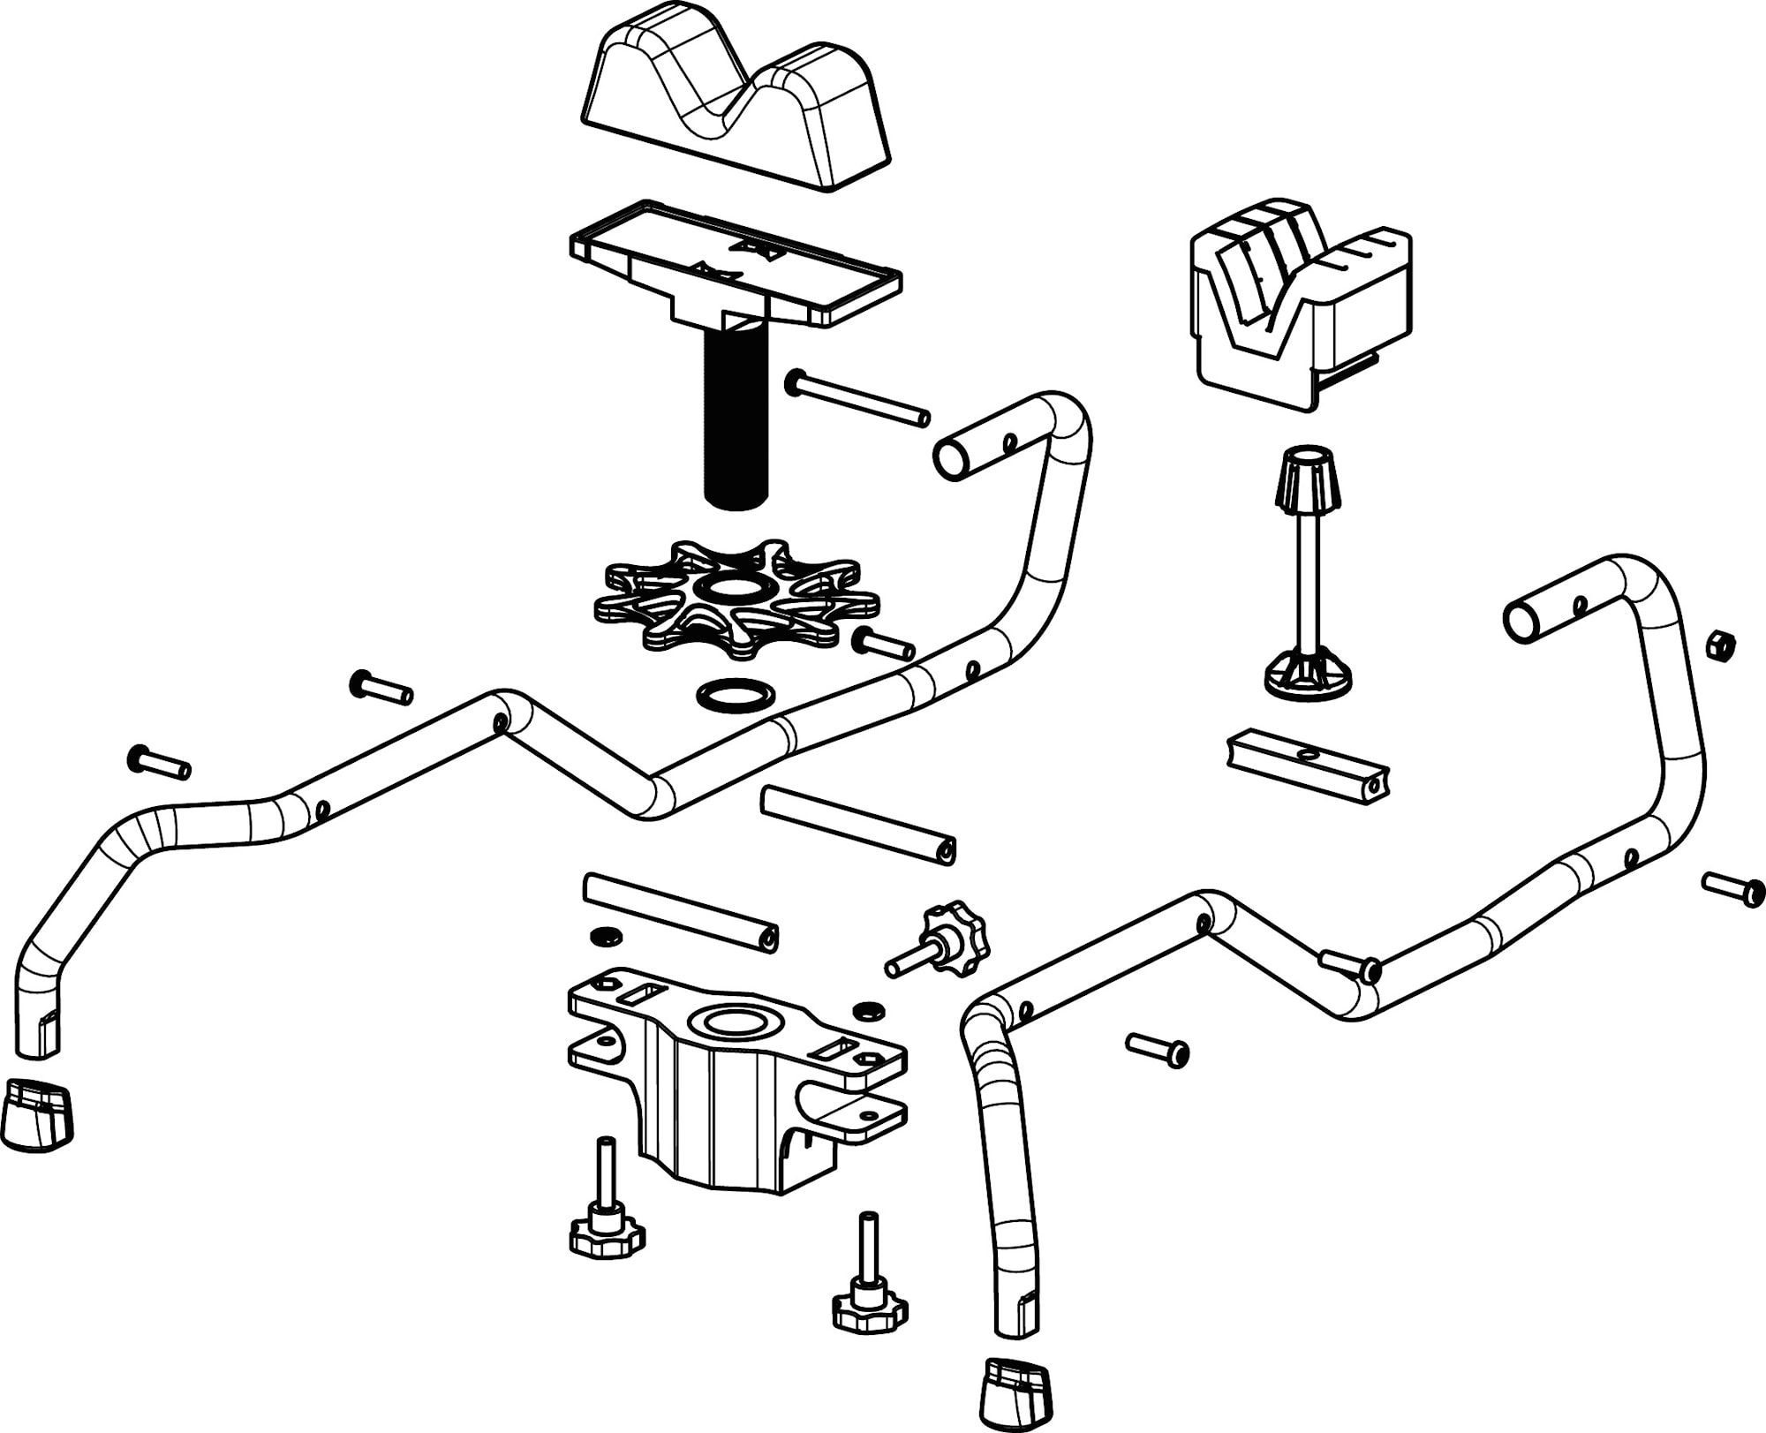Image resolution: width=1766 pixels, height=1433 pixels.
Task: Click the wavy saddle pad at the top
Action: tap(735, 97)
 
